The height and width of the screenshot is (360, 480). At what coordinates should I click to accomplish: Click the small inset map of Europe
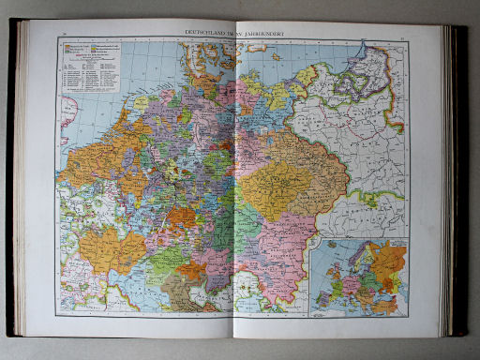360,277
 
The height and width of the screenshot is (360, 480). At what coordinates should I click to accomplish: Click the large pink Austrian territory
281,244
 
